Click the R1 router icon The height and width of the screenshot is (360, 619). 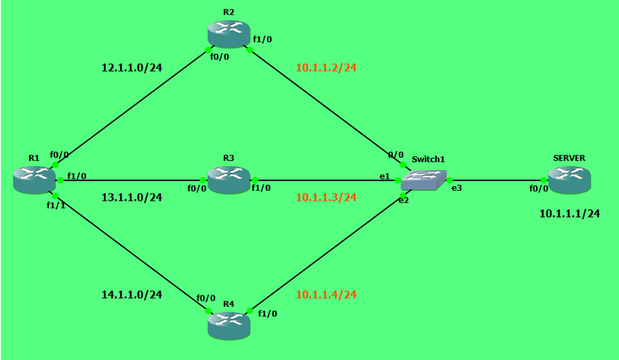tap(34, 180)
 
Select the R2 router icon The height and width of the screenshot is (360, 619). tap(229, 35)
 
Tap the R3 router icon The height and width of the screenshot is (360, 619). tap(229, 180)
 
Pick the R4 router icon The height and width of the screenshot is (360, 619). tap(229, 325)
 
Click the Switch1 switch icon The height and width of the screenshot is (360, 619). tap(424, 180)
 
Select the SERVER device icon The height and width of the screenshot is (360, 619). tap(570, 180)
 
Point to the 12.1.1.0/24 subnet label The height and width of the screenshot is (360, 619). tap(132, 68)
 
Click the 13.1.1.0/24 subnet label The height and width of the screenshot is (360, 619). tap(132, 197)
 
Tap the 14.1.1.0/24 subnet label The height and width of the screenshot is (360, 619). tap(132, 295)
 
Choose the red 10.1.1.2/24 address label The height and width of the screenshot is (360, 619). tap(326, 68)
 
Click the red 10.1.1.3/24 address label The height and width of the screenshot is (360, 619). tap(326, 197)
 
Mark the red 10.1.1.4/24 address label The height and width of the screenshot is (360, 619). tap(326, 295)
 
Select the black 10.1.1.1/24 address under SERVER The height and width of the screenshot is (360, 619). tap(570, 213)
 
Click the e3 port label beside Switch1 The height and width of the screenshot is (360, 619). tap(457, 188)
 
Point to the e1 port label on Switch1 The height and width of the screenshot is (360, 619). tap(384, 176)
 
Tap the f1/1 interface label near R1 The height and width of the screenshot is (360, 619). tap(56, 205)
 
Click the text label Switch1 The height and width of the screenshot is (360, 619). tap(428, 159)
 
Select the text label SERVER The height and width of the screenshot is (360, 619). tap(569, 158)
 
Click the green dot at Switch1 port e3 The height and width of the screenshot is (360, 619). tap(449, 180)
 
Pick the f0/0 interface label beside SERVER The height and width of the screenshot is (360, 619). tap(539, 188)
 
